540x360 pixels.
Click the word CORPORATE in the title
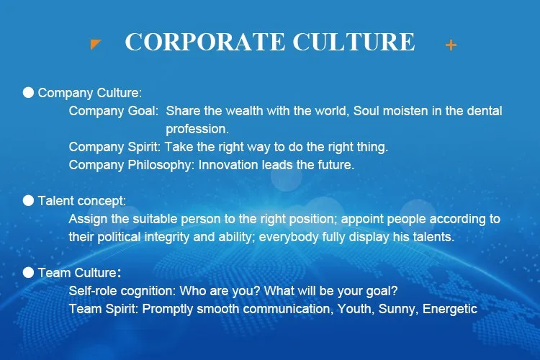(205, 42)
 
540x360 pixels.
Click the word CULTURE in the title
(354, 42)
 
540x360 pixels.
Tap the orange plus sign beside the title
(451, 45)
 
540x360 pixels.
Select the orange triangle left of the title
(95, 44)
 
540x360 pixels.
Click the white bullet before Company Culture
(28, 92)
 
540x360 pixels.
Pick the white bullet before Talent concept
(28, 200)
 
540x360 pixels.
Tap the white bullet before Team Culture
(28, 272)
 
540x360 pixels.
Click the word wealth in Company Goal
(244, 111)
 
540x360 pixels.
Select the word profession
(197, 130)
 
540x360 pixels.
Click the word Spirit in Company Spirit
(144, 147)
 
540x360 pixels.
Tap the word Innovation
(228, 165)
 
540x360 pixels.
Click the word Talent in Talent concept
(54, 201)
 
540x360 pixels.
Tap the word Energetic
(450, 309)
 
